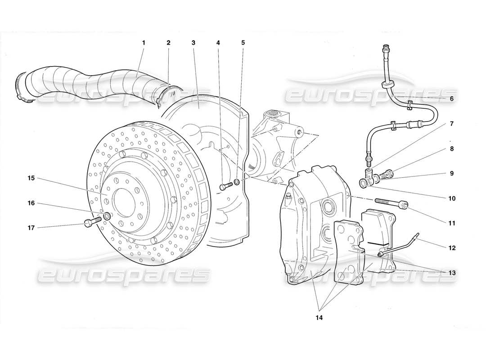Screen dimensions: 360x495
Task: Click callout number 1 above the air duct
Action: [x=144, y=43]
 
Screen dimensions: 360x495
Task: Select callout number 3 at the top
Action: [x=193, y=43]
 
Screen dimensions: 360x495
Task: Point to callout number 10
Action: [x=452, y=198]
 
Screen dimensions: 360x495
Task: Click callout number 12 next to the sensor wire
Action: [x=452, y=247]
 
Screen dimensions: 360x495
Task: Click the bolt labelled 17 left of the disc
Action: [x=90, y=222]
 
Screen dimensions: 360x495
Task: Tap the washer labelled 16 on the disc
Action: [x=108, y=217]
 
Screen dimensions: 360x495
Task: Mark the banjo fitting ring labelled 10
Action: [x=363, y=183]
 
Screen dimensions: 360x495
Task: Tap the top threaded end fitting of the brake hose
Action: [x=385, y=47]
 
